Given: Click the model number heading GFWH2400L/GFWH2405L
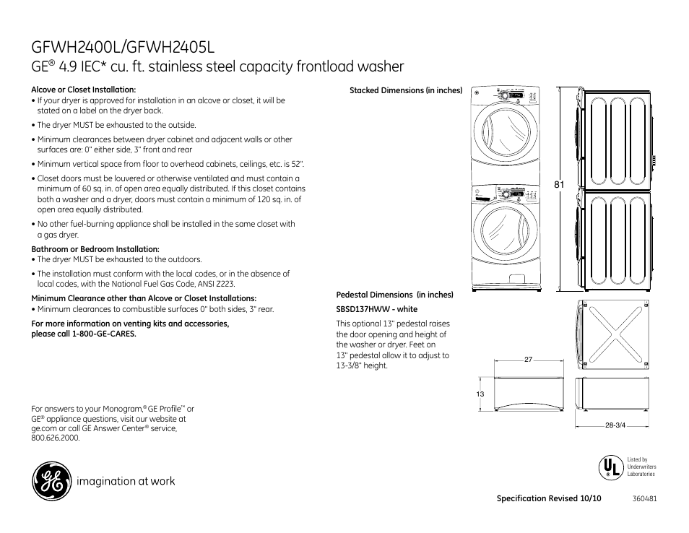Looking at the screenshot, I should [x=123, y=47].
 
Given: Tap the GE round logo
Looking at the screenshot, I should [x=51, y=482].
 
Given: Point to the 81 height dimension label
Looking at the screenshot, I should [x=558, y=186].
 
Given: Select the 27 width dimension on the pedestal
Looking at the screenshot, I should [x=527, y=359].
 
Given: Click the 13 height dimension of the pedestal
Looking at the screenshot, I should [x=480, y=394].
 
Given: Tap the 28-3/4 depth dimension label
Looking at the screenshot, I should [x=615, y=425].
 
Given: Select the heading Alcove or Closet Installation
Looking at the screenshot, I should [x=84, y=90].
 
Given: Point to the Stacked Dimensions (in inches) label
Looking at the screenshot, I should [x=405, y=90].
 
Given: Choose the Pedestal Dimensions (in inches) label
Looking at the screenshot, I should [x=394, y=295].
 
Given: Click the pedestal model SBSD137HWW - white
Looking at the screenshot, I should [x=377, y=309].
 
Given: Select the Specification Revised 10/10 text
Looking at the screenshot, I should [x=549, y=499].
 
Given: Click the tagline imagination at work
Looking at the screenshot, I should [x=127, y=481].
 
